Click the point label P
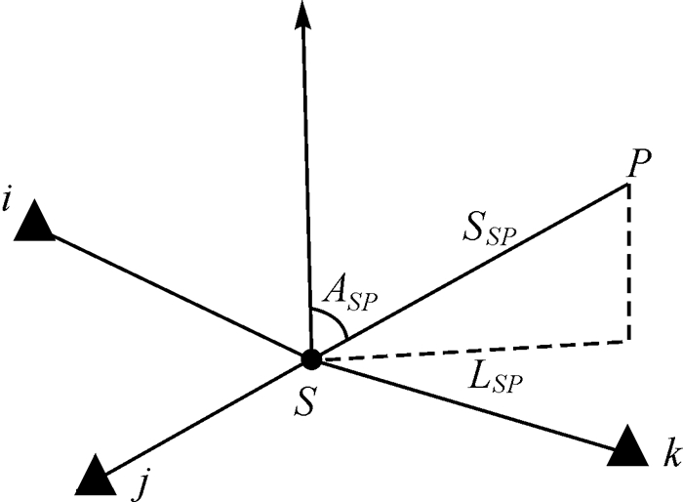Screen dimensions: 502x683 (x=640, y=165)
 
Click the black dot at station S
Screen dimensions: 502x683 (x=311, y=358)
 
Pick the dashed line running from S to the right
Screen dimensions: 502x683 (x=468, y=350)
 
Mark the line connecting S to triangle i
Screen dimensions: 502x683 (x=176, y=291)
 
